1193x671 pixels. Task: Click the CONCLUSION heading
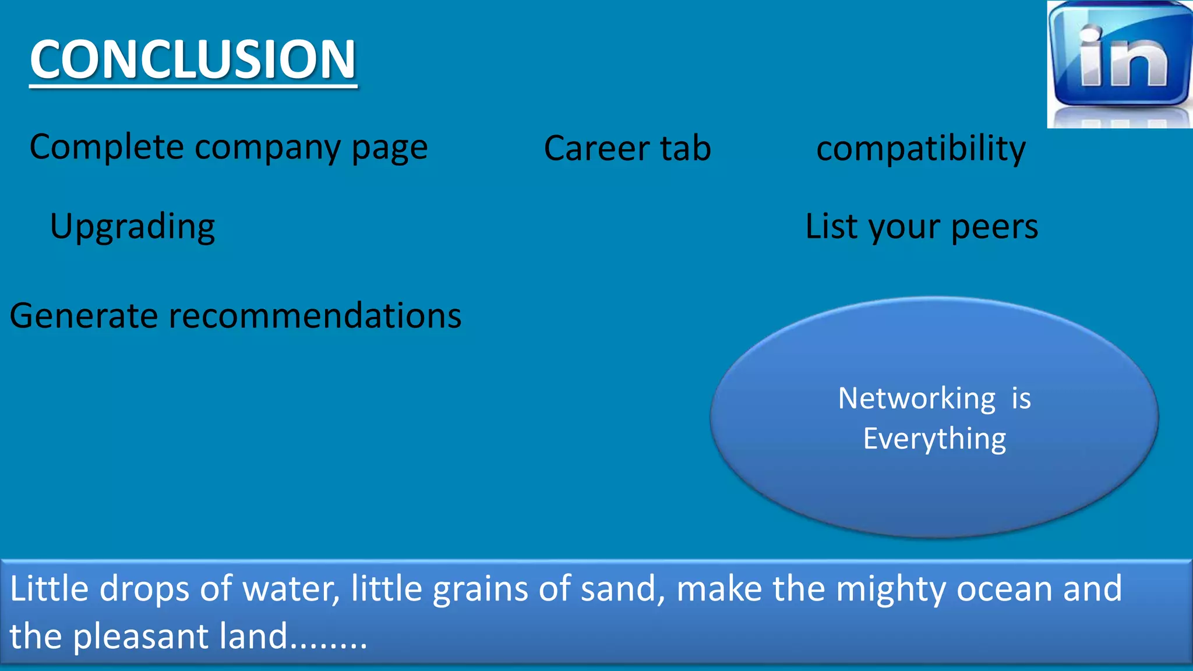pos(193,59)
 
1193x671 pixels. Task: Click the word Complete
pos(107,147)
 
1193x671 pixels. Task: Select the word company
pos(267,148)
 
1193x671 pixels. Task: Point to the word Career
pos(596,148)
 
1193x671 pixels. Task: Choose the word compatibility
pos(921,149)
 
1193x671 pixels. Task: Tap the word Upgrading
pos(132,227)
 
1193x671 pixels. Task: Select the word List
pos(831,226)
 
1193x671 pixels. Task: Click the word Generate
pos(83,316)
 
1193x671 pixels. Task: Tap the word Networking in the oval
pos(917,399)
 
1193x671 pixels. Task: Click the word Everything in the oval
pos(934,439)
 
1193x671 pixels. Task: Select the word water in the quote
pos(291,589)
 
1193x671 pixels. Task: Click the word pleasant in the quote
pos(140,637)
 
